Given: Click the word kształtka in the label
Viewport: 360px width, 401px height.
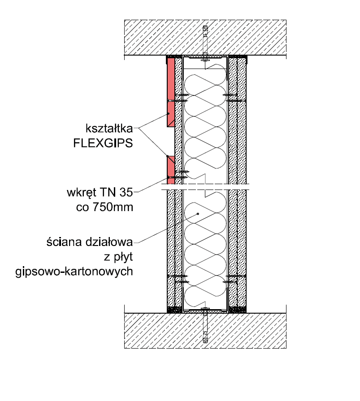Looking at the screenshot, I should coord(108,129).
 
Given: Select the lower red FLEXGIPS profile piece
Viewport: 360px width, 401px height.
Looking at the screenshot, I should coord(170,168).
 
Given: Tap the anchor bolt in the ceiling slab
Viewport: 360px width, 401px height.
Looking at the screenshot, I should coord(205,43).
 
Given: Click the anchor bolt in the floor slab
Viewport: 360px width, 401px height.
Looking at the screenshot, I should coord(205,327).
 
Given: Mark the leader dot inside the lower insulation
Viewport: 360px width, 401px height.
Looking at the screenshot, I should coord(198,215).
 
